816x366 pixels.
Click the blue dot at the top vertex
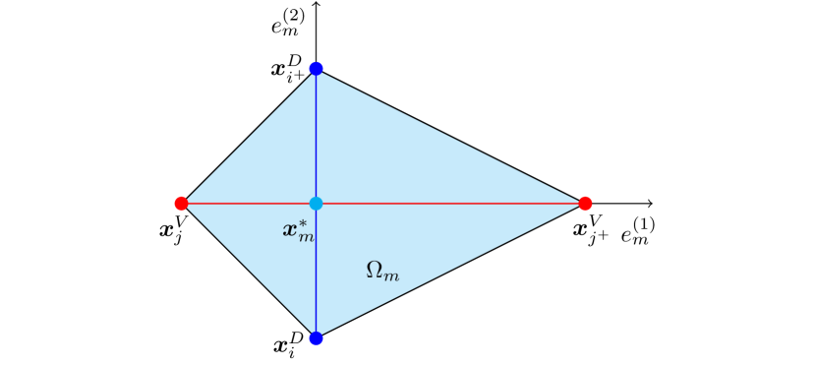(316, 68)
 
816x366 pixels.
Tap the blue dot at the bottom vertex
(316, 338)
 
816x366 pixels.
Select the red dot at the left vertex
(181, 204)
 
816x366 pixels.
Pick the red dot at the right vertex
(585, 204)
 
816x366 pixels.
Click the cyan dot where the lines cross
(316, 204)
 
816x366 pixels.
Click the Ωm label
(382, 271)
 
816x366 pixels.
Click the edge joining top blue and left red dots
(248, 136)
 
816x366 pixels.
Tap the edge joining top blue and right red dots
(450, 136)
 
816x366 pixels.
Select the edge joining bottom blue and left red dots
(248, 272)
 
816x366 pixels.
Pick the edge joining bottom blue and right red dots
(450, 272)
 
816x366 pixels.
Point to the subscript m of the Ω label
(391, 276)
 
